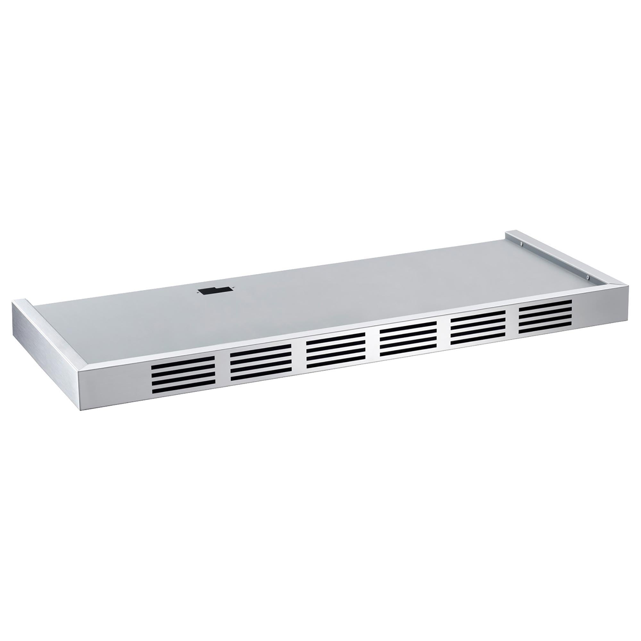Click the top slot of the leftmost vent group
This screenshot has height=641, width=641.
click(183, 359)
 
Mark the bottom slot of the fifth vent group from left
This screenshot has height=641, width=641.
click(478, 341)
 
